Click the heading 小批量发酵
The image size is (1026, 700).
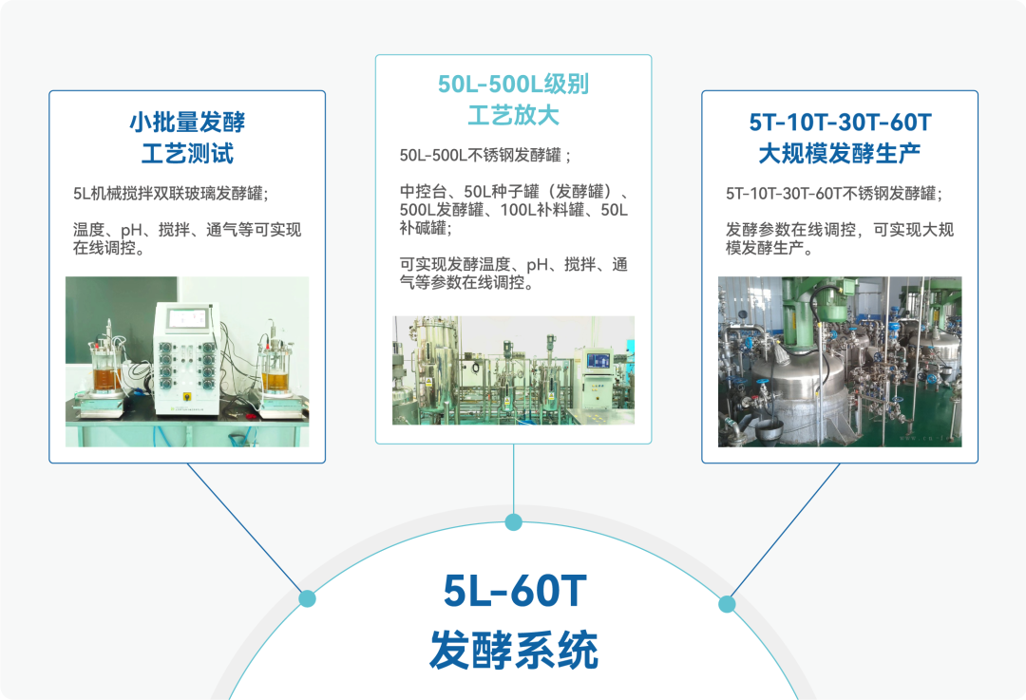pyautogui.click(x=187, y=122)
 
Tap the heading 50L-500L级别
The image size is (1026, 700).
pyautogui.click(x=514, y=84)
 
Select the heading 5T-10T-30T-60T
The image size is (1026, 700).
pyautogui.click(x=840, y=122)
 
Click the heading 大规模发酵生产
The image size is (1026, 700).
pyautogui.click(x=840, y=154)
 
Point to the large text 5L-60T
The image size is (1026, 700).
pyautogui.click(x=515, y=591)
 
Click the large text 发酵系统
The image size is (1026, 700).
pyautogui.click(x=514, y=651)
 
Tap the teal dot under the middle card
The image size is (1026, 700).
pyautogui.click(x=514, y=522)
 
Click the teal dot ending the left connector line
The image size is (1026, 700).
pyautogui.click(x=307, y=598)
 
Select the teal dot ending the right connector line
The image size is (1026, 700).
pyautogui.click(x=727, y=604)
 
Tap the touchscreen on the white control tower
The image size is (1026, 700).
pyautogui.click(x=187, y=319)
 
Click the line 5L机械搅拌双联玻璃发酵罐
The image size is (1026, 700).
pyautogui.click(x=171, y=194)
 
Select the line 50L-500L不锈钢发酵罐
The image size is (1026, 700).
pyautogui.click(x=484, y=155)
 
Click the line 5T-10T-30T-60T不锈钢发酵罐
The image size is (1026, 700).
pyautogui.click(x=834, y=194)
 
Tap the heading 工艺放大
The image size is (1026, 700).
pyautogui.click(x=514, y=115)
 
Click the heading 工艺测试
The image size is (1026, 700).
pyautogui.click(x=187, y=154)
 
